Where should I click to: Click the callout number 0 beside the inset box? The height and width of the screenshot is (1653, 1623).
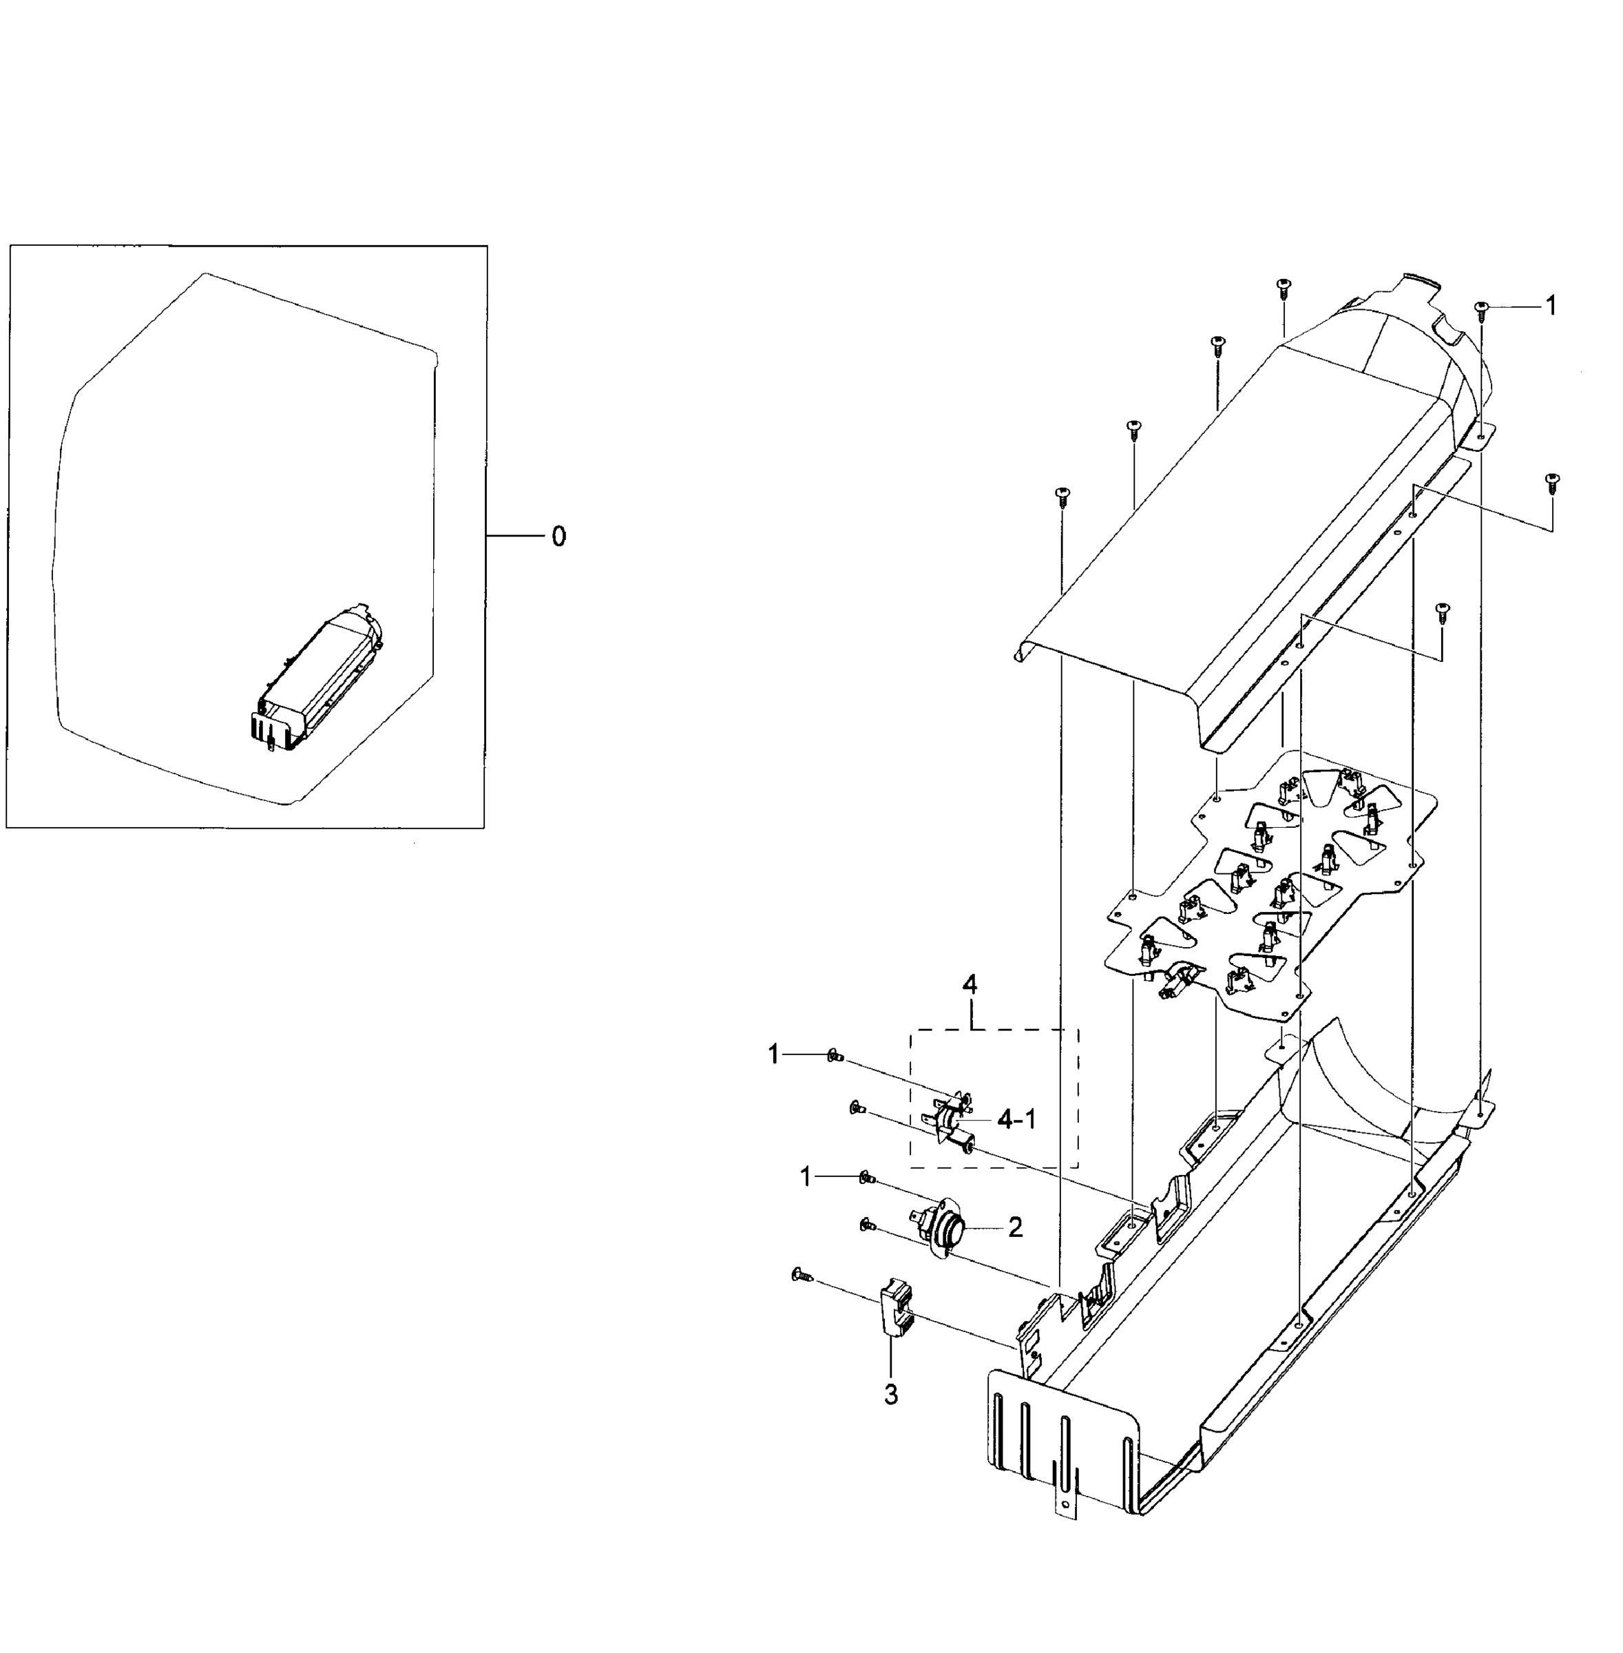pyautogui.click(x=558, y=537)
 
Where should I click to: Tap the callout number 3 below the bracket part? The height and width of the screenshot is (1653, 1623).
pyautogui.click(x=891, y=1395)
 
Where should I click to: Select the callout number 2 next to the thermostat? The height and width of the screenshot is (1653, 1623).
pyautogui.click(x=1014, y=1227)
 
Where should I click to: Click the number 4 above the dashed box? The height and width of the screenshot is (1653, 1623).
pyautogui.click(x=970, y=985)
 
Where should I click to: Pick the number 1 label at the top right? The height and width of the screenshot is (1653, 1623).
pyautogui.click(x=1551, y=305)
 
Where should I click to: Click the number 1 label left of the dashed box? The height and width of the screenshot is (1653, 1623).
pyautogui.click(x=773, y=1055)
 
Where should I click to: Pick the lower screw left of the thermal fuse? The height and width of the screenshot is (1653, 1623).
pyautogui.click(x=857, y=1108)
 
